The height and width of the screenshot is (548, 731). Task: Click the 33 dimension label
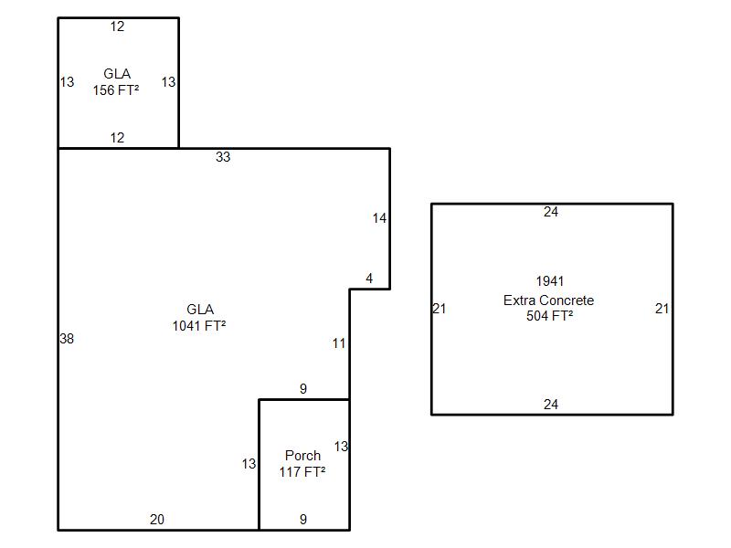coord(223,157)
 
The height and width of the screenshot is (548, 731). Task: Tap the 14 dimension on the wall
coord(379,218)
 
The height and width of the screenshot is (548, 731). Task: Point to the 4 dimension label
coord(369,279)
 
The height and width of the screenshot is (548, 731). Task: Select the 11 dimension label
coord(339,343)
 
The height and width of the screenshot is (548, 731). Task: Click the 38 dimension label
coord(67,339)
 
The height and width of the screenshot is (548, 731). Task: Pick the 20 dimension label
coord(157,520)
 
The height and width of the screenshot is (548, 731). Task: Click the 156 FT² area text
coord(116,90)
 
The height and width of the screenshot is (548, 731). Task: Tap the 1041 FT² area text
coord(199,326)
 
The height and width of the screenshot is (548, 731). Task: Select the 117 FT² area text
coord(302,472)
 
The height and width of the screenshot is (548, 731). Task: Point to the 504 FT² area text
coord(550,316)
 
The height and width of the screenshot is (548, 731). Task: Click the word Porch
coord(302,456)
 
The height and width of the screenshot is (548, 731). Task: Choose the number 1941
coord(550,281)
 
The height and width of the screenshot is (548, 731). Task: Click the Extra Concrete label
coord(548,300)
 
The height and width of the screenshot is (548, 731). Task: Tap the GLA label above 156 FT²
coord(117,74)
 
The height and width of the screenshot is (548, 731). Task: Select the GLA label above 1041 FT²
coord(200,310)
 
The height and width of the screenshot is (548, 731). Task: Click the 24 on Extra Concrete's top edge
coord(550,212)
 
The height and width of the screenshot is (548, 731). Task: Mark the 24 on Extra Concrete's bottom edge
coord(550,405)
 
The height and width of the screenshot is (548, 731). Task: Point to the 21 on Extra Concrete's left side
coord(440,309)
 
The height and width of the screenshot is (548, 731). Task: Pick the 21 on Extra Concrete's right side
coord(662,309)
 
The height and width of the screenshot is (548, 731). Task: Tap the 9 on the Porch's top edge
coord(303,389)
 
